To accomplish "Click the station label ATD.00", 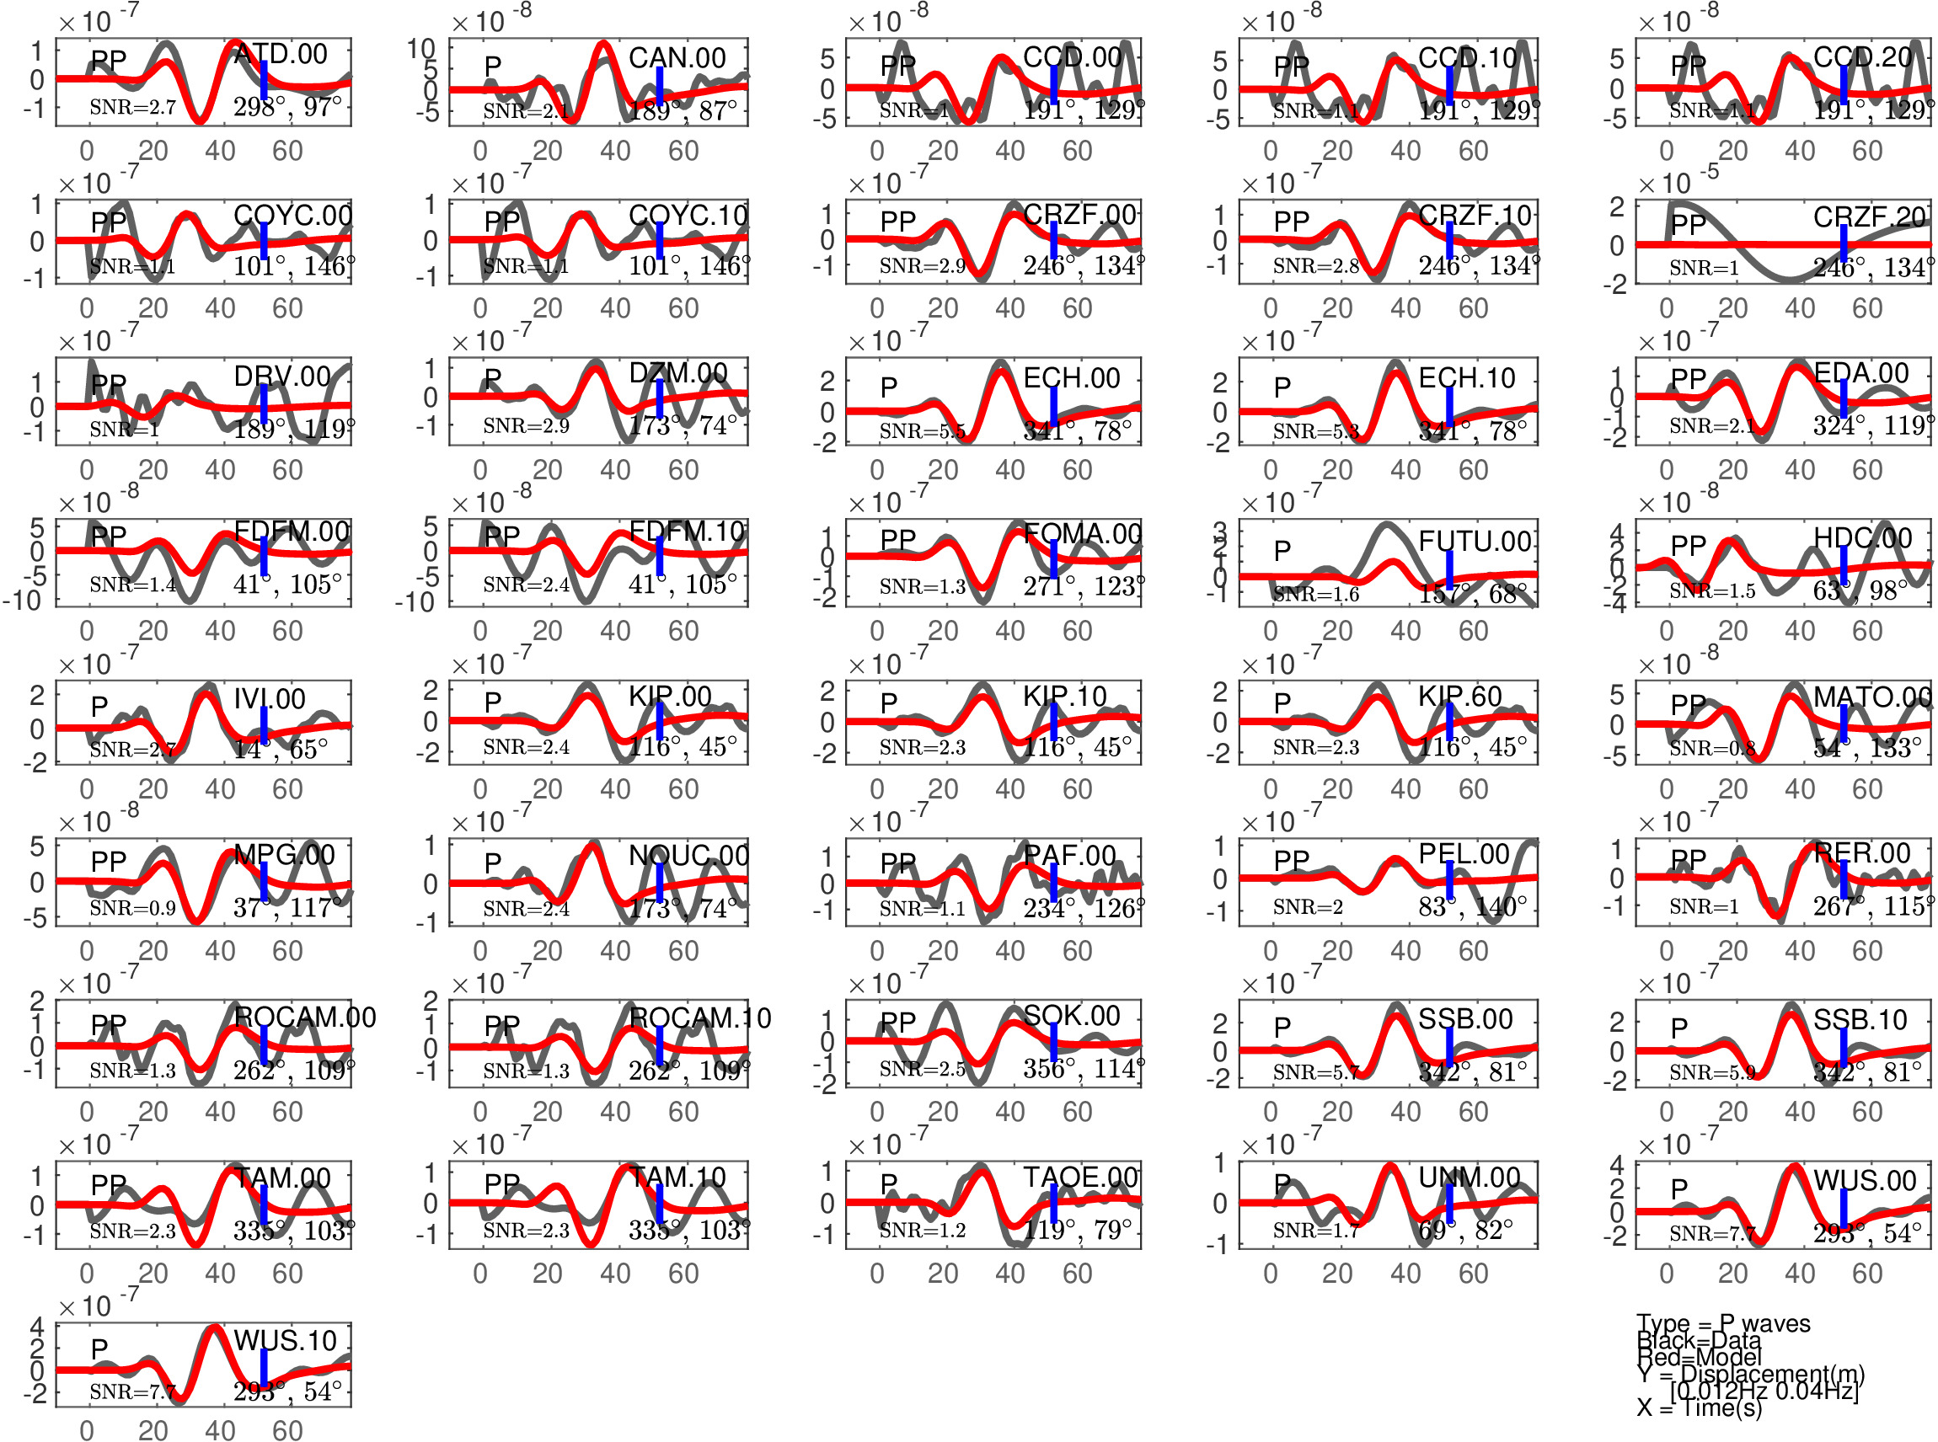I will point(281,54).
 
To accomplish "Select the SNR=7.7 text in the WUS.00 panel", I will point(1712,1232).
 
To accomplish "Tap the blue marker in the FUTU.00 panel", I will point(1449,569).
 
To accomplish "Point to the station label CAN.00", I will point(677,57).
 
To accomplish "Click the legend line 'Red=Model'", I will point(1699,1356).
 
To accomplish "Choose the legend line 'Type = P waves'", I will point(1722,1323).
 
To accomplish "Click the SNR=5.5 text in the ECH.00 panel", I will point(922,430).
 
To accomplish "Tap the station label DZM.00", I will point(677,374).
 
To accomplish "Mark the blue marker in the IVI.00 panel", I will point(264,725).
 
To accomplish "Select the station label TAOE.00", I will point(1081,1178).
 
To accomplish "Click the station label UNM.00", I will point(1470,1178).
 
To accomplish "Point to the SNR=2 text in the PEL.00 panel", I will point(1307,907).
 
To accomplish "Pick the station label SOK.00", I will point(1071,1015).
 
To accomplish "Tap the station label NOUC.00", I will point(688,856).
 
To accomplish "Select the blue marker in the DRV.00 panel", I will point(264,404).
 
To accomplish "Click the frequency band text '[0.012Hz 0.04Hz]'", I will point(1764,1391).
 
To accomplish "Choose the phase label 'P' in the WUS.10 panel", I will point(99,1349).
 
